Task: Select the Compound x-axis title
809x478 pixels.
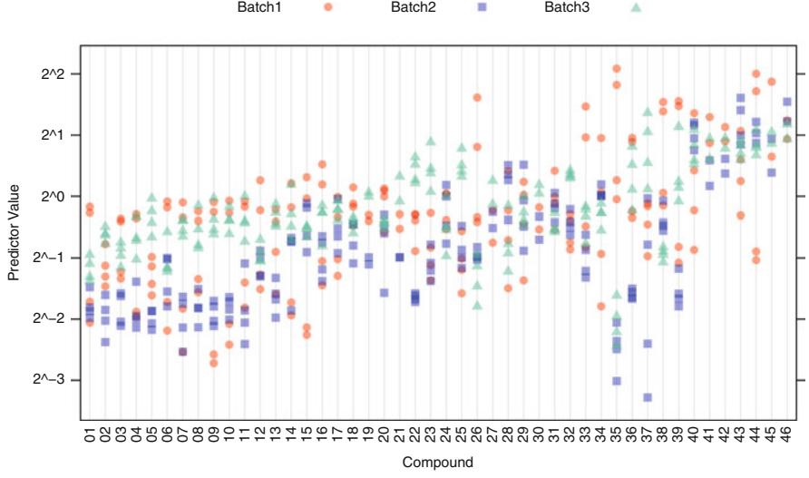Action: coord(438,463)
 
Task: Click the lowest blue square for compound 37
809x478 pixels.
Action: coord(648,397)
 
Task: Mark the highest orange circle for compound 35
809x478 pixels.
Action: coord(617,69)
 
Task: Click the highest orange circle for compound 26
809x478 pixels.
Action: coord(477,97)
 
